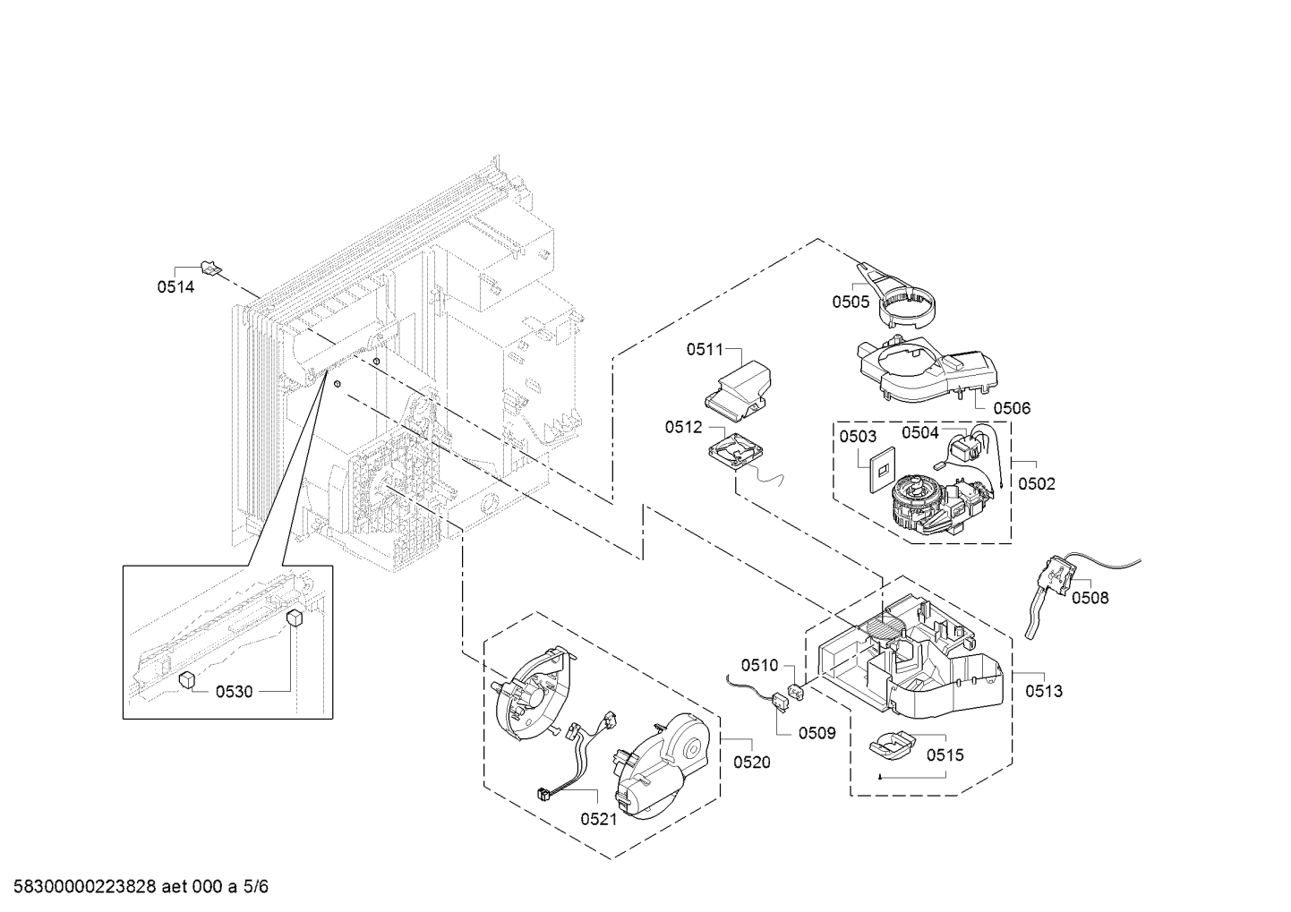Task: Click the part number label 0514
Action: [x=175, y=287]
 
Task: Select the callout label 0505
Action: [x=851, y=302]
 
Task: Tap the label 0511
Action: [x=705, y=350]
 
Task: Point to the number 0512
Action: [x=683, y=428]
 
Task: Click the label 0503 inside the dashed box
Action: [x=858, y=436]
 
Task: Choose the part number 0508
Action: [x=1090, y=597]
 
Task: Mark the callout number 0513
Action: [x=1044, y=691]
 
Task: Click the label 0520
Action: [x=751, y=763]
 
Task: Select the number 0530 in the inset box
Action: [x=234, y=691]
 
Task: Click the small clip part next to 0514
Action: [x=211, y=266]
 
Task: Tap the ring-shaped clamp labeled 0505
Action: [x=904, y=304]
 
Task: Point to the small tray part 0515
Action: [x=891, y=744]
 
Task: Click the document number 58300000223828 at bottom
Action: [x=81, y=887]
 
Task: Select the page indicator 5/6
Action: [x=255, y=887]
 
